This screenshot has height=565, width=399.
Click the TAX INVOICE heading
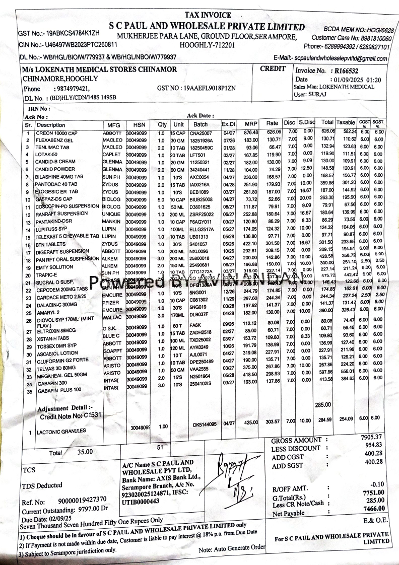point(208,15)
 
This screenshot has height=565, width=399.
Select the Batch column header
point(200,124)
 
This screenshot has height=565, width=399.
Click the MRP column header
point(250,124)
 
